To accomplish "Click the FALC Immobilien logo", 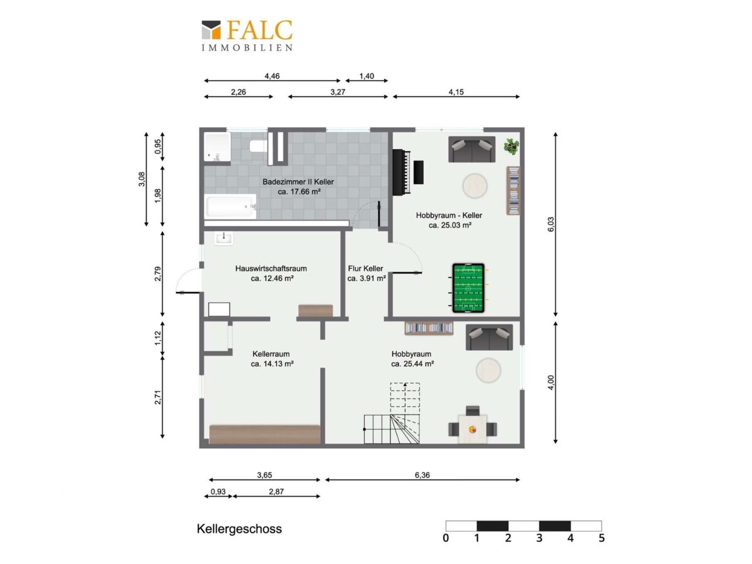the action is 247,36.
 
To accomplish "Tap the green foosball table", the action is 468,288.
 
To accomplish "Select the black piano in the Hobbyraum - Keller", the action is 408,172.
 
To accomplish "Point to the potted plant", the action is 511,146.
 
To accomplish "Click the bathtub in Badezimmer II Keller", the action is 231,206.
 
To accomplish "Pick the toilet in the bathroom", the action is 258,146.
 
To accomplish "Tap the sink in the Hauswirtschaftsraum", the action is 224,238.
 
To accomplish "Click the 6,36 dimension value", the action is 422,475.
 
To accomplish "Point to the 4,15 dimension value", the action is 456,91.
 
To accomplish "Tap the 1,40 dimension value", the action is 367,76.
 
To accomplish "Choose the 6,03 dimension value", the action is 551,224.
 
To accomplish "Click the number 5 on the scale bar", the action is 602,538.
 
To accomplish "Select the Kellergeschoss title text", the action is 239,529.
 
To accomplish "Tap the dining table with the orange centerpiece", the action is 473,429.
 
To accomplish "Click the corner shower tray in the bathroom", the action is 217,147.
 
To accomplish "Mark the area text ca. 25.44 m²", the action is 412,363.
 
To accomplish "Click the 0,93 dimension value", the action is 218,491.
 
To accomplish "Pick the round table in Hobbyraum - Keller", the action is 474,186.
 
